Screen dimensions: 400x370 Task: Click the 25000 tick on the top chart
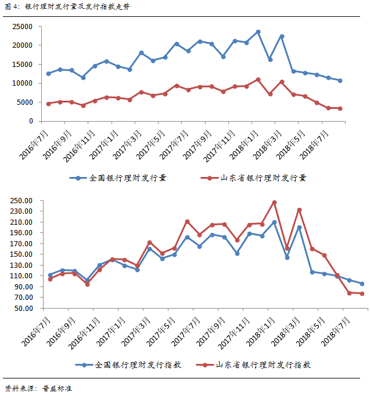(23, 27)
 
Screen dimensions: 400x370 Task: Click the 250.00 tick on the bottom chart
(21, 200)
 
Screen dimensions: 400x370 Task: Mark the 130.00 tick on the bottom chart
(21, 265)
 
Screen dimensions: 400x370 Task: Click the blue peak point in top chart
(258, 32)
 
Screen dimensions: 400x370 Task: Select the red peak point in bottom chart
(274, 203)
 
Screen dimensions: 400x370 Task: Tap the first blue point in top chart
(49, 73)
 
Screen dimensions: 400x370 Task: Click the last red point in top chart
(340, 108)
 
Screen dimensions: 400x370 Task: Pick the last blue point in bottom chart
(362, 284)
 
